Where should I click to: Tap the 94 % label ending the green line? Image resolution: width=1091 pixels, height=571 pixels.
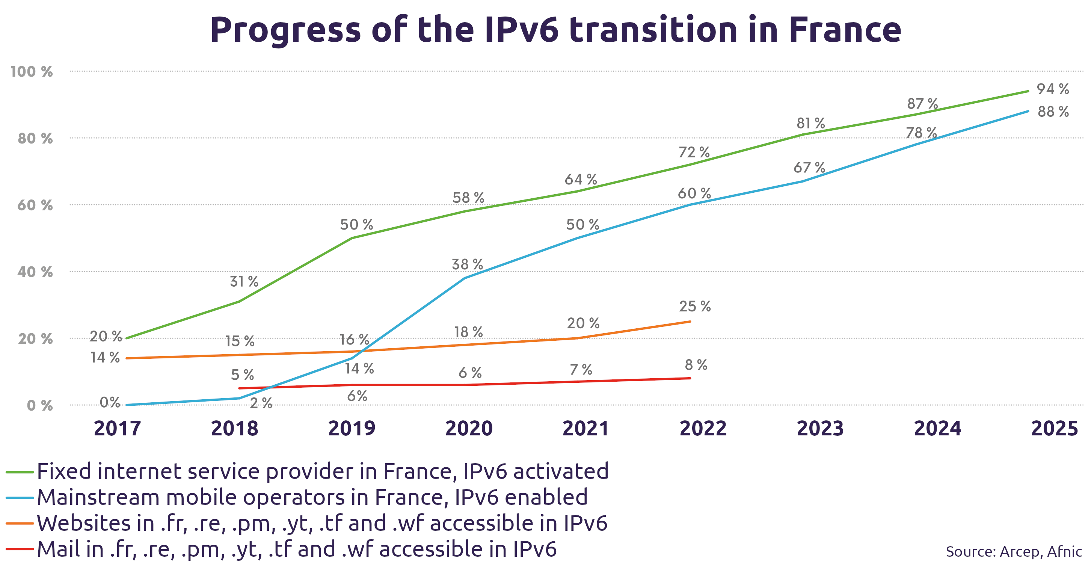(1052, 89)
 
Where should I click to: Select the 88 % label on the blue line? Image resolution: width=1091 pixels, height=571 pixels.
(1053, 112)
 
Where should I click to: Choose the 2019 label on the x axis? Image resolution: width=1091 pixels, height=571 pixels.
(352, 428)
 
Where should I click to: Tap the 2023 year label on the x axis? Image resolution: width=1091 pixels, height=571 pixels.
(820, 428)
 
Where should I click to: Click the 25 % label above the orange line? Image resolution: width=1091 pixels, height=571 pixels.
(694, 306)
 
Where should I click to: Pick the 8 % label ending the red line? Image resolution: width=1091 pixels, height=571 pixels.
(696, 365)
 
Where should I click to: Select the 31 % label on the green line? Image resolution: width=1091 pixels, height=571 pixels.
(244, 281)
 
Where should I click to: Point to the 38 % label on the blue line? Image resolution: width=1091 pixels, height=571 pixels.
(467, 264)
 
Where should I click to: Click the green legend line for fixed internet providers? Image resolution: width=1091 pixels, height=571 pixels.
(20, 472)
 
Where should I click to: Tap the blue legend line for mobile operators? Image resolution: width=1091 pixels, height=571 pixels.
(20, 498)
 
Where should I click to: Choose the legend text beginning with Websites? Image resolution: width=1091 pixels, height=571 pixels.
(322, 524)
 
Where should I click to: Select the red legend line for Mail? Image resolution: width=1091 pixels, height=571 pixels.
(20, 549)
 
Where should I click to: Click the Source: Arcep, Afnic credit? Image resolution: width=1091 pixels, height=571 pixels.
(1014, 551)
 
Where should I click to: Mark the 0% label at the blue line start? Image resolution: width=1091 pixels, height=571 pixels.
(110, 402)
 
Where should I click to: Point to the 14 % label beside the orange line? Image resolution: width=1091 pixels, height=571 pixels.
(105, 358)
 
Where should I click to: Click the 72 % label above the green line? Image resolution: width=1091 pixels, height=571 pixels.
(694, 152)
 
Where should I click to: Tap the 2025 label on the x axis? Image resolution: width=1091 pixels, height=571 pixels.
(1054, 428)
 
